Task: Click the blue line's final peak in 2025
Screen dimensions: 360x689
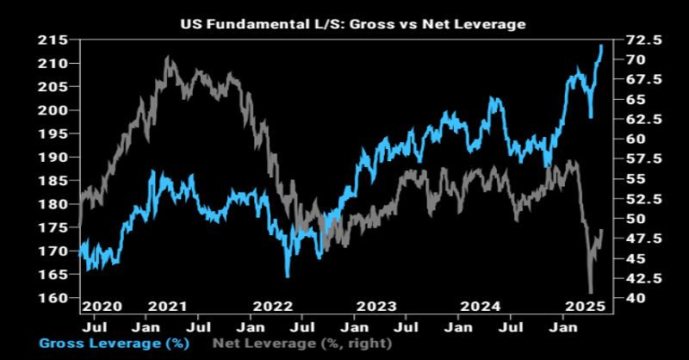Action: pyautogui.click(x=600, y=46)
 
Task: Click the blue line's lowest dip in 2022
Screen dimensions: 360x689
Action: pyautogui.click(x=287, y=276)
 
